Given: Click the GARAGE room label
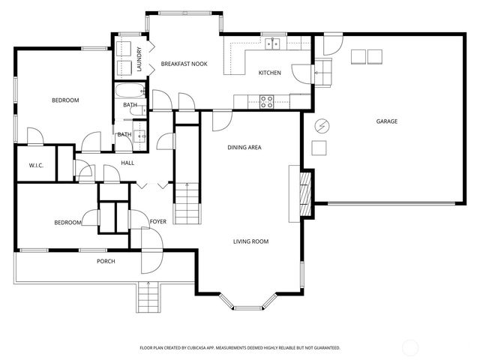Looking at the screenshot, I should [x=386, y=121].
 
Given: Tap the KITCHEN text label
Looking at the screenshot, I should [x=269, y=73].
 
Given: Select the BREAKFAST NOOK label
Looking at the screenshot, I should [x=184, y=64].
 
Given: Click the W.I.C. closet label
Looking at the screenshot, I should [x=35, y=165].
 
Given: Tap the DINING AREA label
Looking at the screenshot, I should [x=244, y=148].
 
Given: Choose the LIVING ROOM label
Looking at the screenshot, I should [x=250, y=241].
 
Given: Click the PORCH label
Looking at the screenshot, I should [x=106, y=261].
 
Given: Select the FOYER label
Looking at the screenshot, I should [x=157, y=222].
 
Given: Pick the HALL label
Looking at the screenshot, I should [x=127, y=163].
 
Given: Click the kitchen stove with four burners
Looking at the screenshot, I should [x=266, y=101].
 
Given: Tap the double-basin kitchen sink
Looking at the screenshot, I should [x=271, y=43].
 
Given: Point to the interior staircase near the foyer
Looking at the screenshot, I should [x=187, y=204].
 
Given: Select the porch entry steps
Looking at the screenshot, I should [x=148, y=298].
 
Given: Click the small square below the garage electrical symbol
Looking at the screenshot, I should [x=319, y=147].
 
